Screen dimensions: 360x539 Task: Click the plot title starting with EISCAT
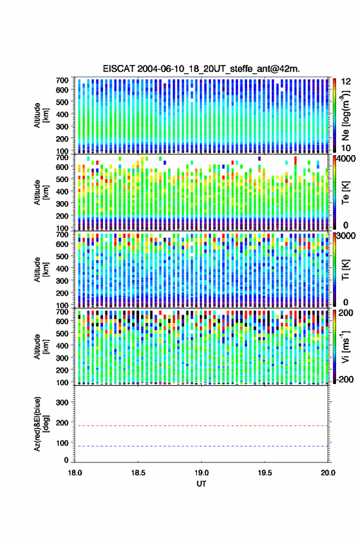(x=201, y=69)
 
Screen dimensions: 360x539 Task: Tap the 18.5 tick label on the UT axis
(x=138, y=473)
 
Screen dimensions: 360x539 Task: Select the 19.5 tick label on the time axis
(x=264, y=473)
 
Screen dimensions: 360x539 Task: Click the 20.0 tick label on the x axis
(x=328, y=473)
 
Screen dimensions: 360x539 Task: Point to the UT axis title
(x=201, y=484)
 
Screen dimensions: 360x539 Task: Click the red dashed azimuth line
(x=202, y=426)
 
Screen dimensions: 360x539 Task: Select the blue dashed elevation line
(x=202, y=446)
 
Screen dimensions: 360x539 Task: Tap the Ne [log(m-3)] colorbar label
(x=345, y=115)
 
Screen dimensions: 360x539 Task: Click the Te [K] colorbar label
(x=345, y=193)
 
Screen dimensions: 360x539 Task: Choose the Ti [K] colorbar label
(x=345, y=270)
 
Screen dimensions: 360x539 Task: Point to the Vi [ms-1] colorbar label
(x=345, y=346)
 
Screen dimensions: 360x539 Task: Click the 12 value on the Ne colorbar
(x=346, y=82)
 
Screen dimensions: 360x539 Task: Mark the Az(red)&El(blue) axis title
(x=41, y=424)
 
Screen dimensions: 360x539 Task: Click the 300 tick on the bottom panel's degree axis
(x=63, y=402)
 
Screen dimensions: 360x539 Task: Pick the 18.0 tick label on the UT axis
(x=75, y=473)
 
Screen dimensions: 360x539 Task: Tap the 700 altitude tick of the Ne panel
(x=63, y=80)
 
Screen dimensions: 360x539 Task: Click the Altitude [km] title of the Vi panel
(x=41, y=346)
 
